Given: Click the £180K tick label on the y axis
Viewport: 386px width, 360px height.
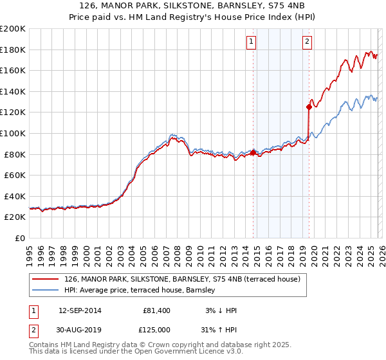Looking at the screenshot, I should tap(13, 50).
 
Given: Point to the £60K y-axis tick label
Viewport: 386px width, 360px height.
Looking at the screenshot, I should tap(15, 175).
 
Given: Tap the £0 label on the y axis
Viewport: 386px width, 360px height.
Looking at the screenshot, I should tap(20, 238).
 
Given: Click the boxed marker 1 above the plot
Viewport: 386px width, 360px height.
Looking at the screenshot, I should tap(251, 42).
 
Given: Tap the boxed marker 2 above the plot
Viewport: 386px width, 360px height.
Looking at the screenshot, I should tap(307, 42).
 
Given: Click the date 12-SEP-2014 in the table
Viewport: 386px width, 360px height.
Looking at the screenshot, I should tap(80, 310).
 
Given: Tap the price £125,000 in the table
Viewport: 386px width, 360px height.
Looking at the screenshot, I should tap(154, 329).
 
